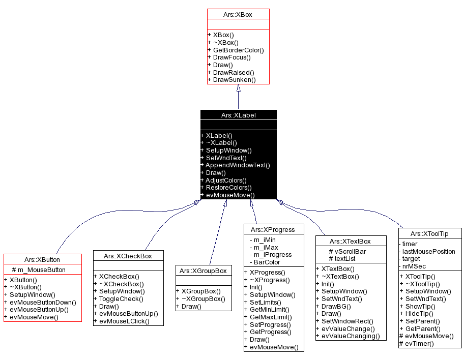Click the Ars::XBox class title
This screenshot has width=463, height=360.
[238, 15]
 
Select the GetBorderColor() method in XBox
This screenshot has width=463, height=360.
[238, 50]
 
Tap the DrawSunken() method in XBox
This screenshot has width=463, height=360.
[234, 80]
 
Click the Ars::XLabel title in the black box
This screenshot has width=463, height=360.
[238, 115]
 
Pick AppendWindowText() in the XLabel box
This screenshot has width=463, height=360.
[237, 165]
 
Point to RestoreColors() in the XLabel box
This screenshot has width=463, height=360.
[228, 188]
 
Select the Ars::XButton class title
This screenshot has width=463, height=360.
[42, 260]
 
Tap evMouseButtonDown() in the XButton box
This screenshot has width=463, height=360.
[42, 302]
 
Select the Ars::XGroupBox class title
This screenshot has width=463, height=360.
[204, 271]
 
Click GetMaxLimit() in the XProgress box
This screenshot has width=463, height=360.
[269, 317]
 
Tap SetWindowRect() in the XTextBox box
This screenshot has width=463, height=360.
[347, 321]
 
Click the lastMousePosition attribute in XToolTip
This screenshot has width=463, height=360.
[427, 251]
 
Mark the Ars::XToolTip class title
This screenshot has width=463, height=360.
[430, 233]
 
